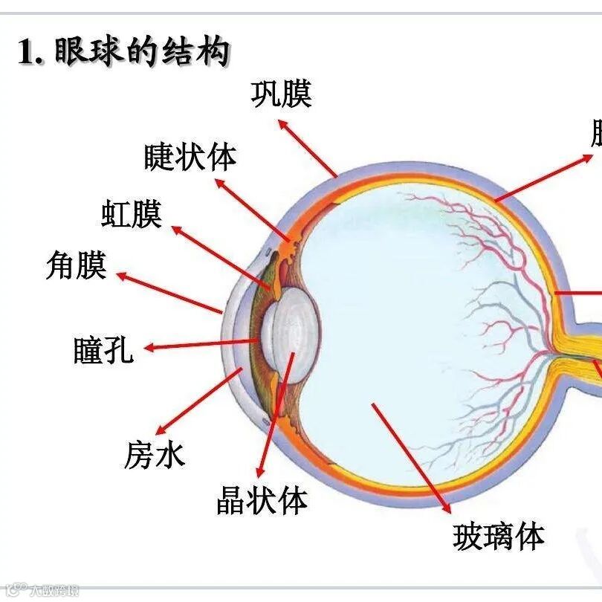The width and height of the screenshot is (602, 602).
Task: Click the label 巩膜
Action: pos(281,94)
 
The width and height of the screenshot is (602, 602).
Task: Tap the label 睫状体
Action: pos(190,157)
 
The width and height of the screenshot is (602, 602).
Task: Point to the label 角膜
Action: pos(76,265)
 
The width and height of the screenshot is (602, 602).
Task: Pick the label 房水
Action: pos(154,455)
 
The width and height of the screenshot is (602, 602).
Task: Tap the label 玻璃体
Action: pos(499,535)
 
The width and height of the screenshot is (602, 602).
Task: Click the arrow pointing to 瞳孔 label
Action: pos(201,344)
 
